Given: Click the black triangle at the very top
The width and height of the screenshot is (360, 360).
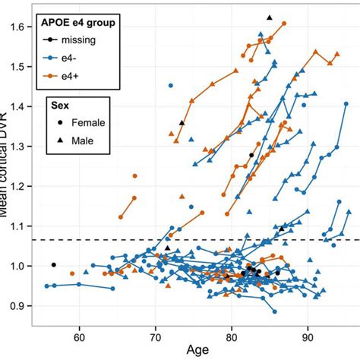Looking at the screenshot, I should pos(270,17).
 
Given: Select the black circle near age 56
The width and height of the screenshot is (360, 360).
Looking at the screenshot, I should pos(53,264).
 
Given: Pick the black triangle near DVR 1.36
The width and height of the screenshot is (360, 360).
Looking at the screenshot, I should pos(182,123).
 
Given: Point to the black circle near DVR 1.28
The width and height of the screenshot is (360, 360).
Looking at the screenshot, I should pos(251,155).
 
